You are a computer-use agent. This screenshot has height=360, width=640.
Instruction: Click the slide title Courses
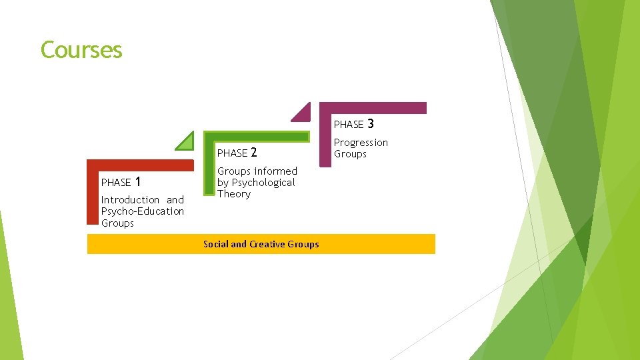[x=81, y=50]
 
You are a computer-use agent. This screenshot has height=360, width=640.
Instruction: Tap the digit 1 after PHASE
[x=137, y=181]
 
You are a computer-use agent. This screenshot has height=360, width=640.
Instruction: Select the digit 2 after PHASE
[x=253, y=153]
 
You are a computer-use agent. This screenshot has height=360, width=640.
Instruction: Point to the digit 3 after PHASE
[x=370, y=123]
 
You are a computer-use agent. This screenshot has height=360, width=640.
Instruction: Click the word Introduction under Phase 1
[x=130, y=200]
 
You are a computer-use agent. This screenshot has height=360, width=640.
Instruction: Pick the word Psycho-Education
[x=142, y=211]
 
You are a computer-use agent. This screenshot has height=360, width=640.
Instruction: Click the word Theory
[x=233, y=194]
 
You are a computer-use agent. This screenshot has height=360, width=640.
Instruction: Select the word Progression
[x=361, y=143]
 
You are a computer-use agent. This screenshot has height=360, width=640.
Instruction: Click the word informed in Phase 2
[x=275, y=171]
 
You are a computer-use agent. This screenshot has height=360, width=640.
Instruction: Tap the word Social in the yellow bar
[x=215, y=244]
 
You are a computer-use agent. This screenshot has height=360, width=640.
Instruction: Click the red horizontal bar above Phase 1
[x=140, y=164]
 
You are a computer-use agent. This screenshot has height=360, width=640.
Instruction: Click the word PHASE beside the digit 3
[x=349, y=125]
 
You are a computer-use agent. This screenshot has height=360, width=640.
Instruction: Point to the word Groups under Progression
[x=350, y=154]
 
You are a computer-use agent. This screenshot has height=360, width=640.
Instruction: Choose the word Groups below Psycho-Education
[x=117, y=223]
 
